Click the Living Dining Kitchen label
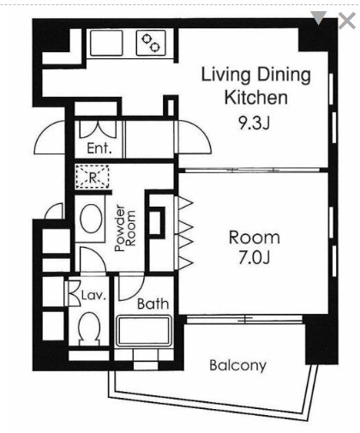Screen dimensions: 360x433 point(256,86)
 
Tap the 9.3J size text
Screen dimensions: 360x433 point(254,123)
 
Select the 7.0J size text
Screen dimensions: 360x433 point(254,258)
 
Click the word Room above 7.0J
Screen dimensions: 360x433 point(254,238)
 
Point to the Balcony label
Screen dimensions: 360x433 point(237,365)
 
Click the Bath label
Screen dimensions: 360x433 point(153,304)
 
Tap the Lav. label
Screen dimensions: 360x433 point(93,295)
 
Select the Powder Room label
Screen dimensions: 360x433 point(125,228)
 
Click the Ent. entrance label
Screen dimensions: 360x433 point(99,148)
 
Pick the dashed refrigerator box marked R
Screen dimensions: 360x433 point(93,177)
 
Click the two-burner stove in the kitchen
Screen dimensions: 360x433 point(151,43)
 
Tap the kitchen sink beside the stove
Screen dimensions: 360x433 point(106,43)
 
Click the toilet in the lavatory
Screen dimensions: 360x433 point(89,328)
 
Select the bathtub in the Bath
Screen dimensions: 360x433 point(143,331)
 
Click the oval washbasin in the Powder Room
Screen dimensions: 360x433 point(92,219)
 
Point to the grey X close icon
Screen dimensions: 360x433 point(346,21)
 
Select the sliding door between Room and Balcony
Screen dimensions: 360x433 point(244,319)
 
